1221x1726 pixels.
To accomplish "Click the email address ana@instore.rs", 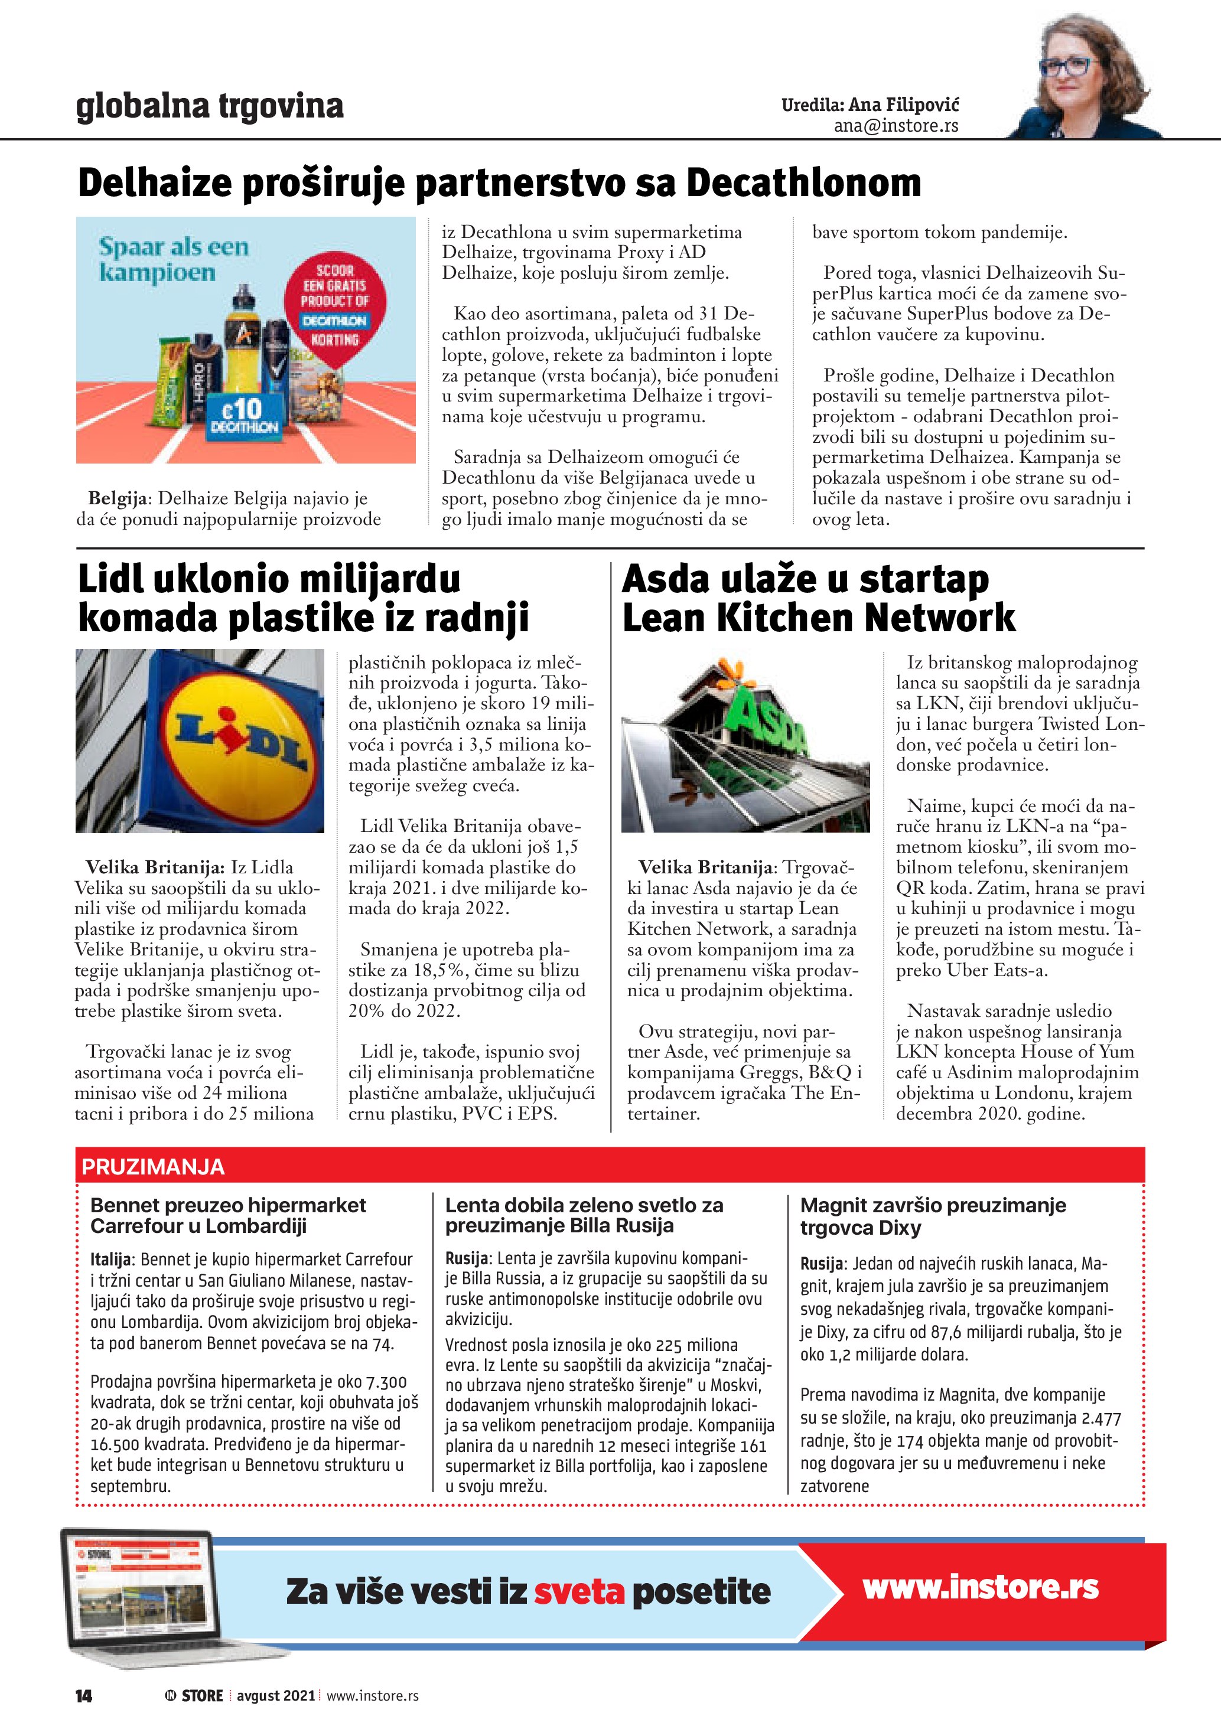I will pos(896,126).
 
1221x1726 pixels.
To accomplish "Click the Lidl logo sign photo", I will pos(200,740).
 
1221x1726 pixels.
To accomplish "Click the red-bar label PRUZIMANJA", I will pos(154,1166).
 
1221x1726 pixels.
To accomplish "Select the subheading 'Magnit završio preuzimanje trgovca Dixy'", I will pos(932,1216).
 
